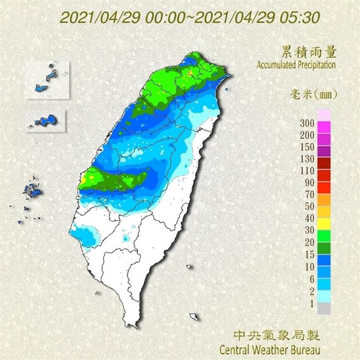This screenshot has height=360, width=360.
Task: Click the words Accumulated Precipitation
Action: pos(296,65)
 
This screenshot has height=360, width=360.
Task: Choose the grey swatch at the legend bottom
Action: pos(324,308)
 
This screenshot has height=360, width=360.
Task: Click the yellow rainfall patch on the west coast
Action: pos(83,178)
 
